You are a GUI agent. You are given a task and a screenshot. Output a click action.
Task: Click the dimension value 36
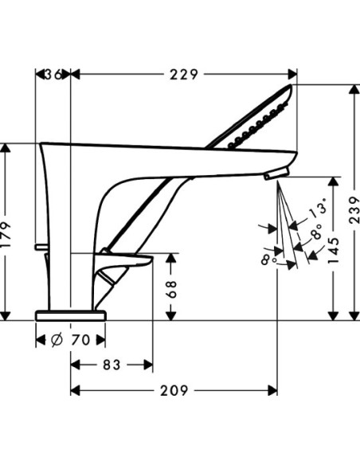pos(53,74)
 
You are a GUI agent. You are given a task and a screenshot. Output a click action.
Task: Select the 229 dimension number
pos(184,74)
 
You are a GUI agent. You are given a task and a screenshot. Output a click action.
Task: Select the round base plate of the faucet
pos(70,315)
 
